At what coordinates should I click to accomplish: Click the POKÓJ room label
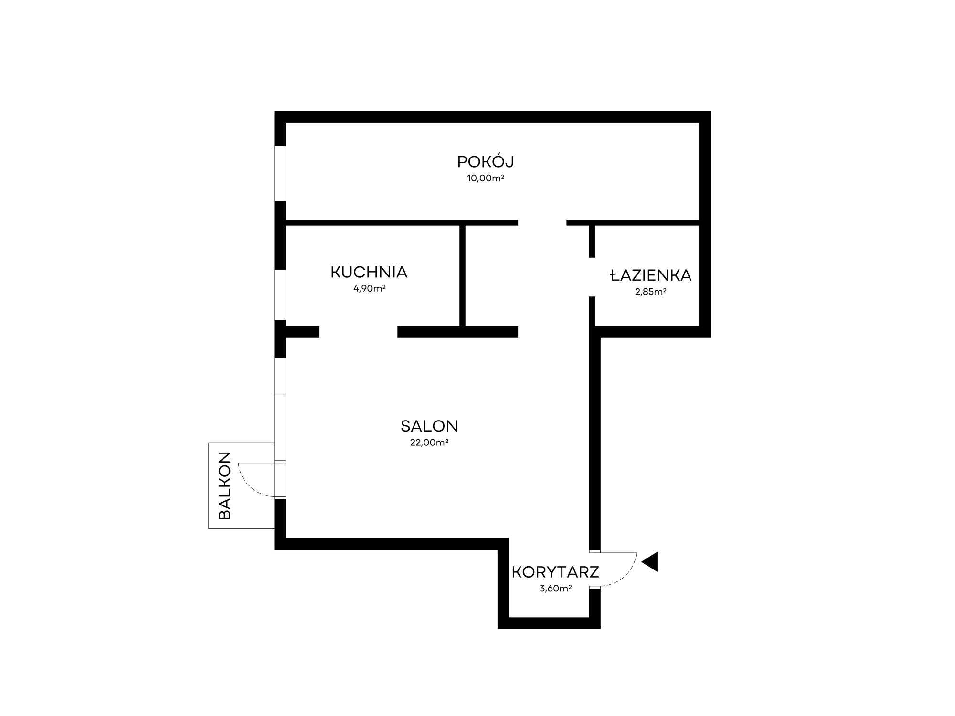[486, 162]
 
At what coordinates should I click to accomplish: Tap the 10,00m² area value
[486, 179]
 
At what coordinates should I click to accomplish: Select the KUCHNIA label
[369, 272]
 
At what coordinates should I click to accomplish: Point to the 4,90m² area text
[370, 288]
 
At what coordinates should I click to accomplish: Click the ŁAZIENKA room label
[651, 275]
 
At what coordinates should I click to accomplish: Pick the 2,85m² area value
[651, 292]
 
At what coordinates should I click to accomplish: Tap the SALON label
[429, 426]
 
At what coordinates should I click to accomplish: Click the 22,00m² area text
[429, 442]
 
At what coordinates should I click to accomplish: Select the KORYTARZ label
[555, 572]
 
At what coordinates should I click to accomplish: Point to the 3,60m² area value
[556, 589]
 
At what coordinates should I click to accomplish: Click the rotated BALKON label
[224, 485]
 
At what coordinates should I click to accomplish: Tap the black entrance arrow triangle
[650, 562]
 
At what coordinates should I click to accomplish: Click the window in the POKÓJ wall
[280, 173]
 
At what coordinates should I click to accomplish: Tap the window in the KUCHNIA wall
[280, 295]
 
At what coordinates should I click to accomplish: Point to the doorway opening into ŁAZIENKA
[592, 277]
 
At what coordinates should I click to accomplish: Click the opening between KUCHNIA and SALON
[358, 332]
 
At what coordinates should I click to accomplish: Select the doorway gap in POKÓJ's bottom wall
[542, 222]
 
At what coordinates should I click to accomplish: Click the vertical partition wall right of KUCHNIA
[462, 276]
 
